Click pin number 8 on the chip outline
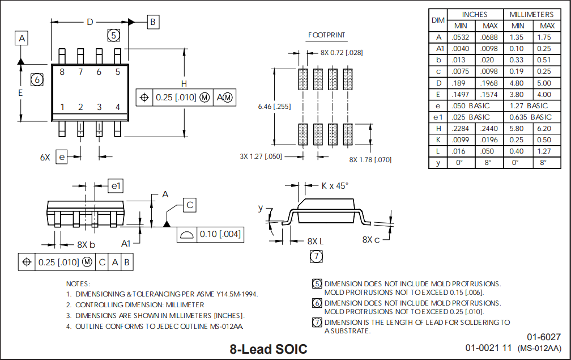(x=62, y=72)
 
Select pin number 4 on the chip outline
(x=118, y=107)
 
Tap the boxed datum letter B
(x=153, y=22)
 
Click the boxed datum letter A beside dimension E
(x=22, y=39)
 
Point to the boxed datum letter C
(x=190, y=205)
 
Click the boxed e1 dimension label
(x=116, y=185)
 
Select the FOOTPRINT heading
(x=327, y=35)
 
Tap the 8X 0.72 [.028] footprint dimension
(x=342, y=53)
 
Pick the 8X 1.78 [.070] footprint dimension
(x=370, y=159)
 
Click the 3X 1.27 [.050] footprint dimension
(x=261, y=156)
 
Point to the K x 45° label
(x=335, y=185)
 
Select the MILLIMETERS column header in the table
(x=531, y=14)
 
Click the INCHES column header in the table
(x=475, y=14)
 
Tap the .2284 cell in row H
(x=459, y=129)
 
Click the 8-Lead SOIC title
(x=269, y=349)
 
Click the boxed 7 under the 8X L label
(x=316, y=256)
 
